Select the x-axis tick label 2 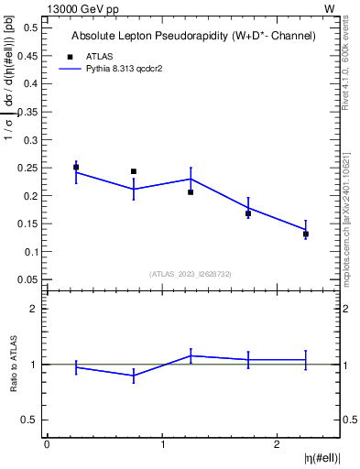278,444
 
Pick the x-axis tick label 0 47,444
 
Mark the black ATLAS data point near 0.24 134,171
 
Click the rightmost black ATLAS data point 306,234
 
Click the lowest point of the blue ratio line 134,376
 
